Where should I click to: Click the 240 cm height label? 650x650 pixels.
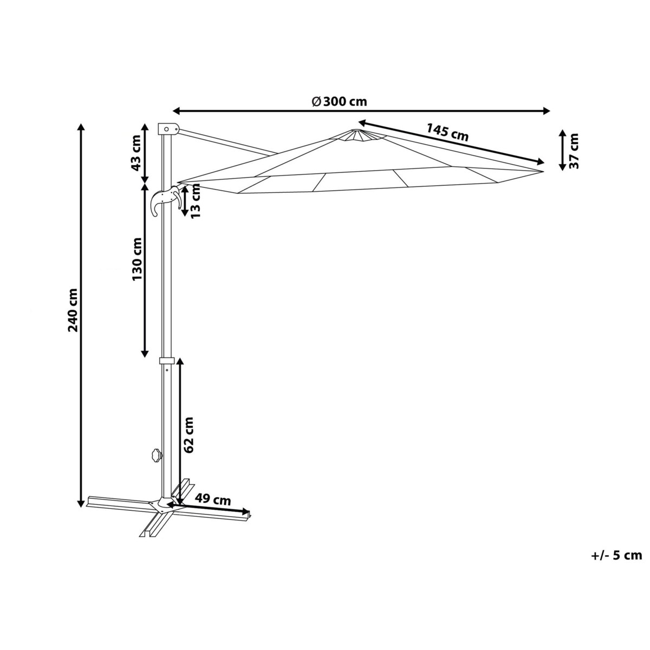tap(73, 310)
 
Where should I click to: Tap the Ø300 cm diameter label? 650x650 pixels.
tap(339, 101)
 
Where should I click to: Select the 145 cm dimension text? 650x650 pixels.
tap(447, 132)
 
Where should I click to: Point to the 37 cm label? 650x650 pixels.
tap(574, 151)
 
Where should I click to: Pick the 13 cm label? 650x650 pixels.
tap(196, 201)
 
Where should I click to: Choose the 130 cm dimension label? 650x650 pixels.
tap(136, 259)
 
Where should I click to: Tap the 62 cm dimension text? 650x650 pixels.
tap(188, 435)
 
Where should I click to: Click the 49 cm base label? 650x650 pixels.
tap(213, 509)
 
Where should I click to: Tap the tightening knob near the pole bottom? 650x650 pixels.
tap(157, 456)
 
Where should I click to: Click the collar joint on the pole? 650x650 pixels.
tap(167, 360)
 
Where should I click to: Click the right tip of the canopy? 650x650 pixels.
tap(544, 172)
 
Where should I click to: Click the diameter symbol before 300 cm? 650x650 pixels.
tap(316, 101)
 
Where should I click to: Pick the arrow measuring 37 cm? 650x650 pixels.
tap(562, 150)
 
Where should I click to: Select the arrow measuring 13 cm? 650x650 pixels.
tap(185, 201)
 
